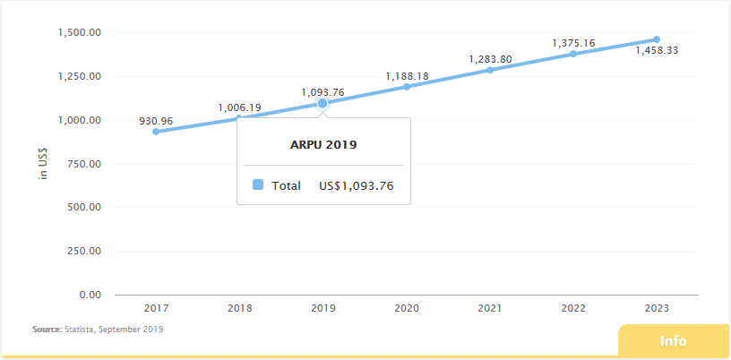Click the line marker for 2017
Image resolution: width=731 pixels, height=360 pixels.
[156, 132]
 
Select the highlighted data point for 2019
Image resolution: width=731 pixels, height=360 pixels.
[322, 103]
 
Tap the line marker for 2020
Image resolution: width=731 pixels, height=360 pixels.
[407, 87]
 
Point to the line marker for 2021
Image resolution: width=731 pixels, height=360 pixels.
[490, 70]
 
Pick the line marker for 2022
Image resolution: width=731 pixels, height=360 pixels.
[573, 54]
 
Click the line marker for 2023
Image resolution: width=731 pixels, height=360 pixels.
[657, 39]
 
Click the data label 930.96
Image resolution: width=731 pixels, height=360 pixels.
[156, 120]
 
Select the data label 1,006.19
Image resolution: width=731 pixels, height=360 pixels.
[239, 107]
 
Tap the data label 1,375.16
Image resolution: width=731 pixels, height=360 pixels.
[573, 42]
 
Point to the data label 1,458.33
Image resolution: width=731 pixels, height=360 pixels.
[657, 51]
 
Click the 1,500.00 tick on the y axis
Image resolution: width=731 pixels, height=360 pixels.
[78, 33]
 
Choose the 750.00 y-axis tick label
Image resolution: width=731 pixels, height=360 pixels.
[82, 164]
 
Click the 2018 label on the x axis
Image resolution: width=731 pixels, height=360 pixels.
[239, 308]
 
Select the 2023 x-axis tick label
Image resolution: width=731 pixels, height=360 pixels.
[657, 308]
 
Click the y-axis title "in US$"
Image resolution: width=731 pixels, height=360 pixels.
[42, 164]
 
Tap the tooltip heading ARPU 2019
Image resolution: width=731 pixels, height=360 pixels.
[323, 143]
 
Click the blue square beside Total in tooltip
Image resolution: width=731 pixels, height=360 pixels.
[258, 185]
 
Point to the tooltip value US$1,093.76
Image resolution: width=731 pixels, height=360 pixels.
[357, 186]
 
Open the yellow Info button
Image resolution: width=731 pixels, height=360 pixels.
[673, 341]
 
